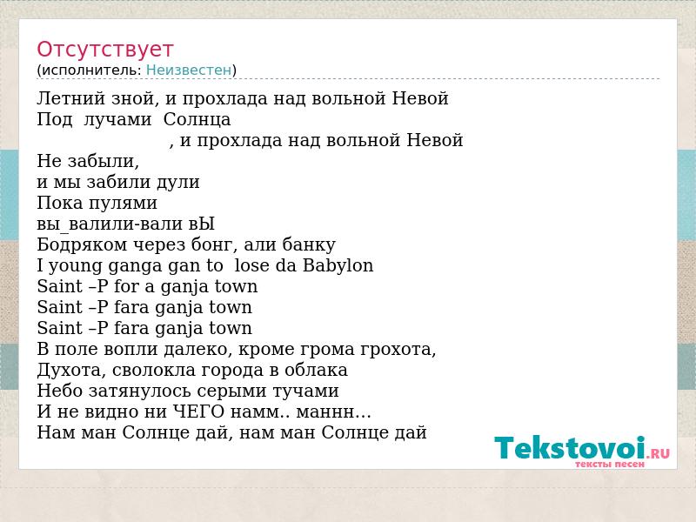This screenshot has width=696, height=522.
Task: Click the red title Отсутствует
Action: tap(104, 50)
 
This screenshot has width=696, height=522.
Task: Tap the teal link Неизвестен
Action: tap(189, 70)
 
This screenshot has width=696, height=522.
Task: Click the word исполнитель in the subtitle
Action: tap(91, 70)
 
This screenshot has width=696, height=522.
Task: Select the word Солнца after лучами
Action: tap(197, 119)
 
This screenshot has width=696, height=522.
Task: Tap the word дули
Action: tap(181, 182)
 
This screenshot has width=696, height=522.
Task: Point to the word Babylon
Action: tap(338, 265)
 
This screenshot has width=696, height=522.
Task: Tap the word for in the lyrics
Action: tap(127, 286)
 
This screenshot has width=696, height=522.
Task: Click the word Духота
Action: tap(71, 370)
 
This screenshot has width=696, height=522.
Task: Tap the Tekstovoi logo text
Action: tap(570, 447)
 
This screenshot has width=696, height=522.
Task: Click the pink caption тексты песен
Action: tap(610, 465)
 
